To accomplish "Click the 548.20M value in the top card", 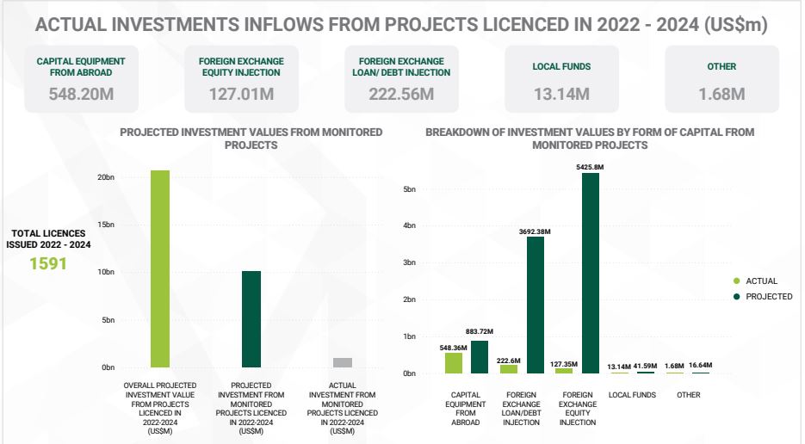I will [81, 94].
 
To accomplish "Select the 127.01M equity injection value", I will [241, 94].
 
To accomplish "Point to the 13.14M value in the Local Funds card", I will [561, 94].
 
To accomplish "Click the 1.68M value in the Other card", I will [721, 94].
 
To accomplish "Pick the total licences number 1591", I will [48, 264].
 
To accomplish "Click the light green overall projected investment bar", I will [160, 268].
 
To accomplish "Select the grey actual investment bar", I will [343, 362].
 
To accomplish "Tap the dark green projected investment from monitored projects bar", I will [251, 319].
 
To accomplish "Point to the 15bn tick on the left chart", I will [107, 225].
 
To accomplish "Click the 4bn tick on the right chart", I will [410, 225].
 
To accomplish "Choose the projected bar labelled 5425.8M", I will [591, 273].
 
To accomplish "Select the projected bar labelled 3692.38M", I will [536, 305].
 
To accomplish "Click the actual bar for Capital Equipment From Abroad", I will [454, 363].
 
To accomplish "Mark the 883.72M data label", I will [479, 331].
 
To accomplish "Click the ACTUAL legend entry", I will [761, 281].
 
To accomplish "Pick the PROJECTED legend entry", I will [768, 297].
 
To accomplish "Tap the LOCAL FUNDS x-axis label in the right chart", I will [632, 395].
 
